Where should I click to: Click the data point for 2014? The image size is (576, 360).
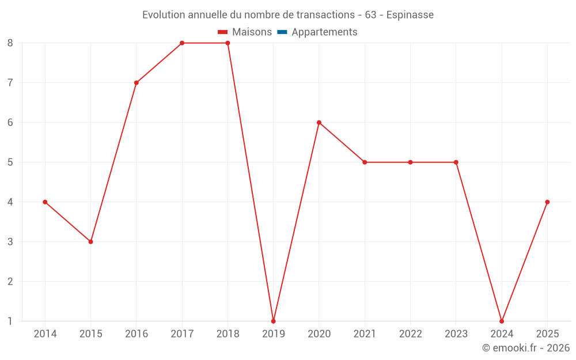(x=45, y=202)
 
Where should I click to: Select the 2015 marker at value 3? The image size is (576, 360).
(x=90, y=242)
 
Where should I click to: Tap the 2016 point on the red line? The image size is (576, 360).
(x=137, y=83)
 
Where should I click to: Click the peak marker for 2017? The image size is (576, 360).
(x=182, y=43)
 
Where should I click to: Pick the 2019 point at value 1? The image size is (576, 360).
(x=273, y=321)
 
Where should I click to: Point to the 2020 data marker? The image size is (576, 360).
(x=319, y=123)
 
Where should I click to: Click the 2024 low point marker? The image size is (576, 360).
(x=502, y=321)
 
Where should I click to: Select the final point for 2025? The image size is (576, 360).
(x=547, y=202)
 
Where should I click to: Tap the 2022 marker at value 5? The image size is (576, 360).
(x=410, y=162)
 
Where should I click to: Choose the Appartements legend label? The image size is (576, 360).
(x=324, y=32)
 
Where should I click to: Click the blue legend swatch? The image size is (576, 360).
(x=282, y=32)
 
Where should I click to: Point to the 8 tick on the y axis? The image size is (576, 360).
(x=10, y=43)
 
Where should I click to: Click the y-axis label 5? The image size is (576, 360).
(x=10, y=162)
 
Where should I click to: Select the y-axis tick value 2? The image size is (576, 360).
(x=10, y=281)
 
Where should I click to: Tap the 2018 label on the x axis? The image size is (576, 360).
(x=228, y=334)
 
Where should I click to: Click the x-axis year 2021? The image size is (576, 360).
(x=365, y=334)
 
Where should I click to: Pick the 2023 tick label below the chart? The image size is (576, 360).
(x=456, y=334)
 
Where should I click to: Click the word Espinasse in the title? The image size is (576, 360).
(x=410, y=14)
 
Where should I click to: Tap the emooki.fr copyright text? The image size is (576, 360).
(x=526, y=348)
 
